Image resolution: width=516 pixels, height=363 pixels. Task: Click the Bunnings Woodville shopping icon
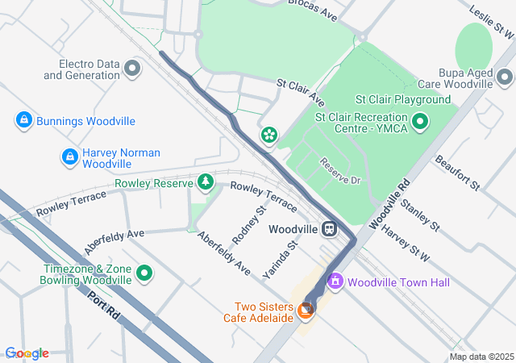24,121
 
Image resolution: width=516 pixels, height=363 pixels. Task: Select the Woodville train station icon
329,228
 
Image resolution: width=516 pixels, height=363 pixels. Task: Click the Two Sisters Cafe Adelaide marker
306,309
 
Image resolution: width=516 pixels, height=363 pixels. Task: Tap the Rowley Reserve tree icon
206,182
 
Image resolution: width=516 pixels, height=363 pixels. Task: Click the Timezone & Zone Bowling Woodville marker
145,273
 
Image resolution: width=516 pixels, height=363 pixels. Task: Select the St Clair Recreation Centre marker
420,123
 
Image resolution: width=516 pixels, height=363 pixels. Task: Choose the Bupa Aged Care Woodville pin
505,78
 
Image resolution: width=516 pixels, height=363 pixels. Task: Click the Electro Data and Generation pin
133,69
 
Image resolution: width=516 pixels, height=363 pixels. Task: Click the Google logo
26,353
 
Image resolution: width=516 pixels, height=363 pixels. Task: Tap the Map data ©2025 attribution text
481,357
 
